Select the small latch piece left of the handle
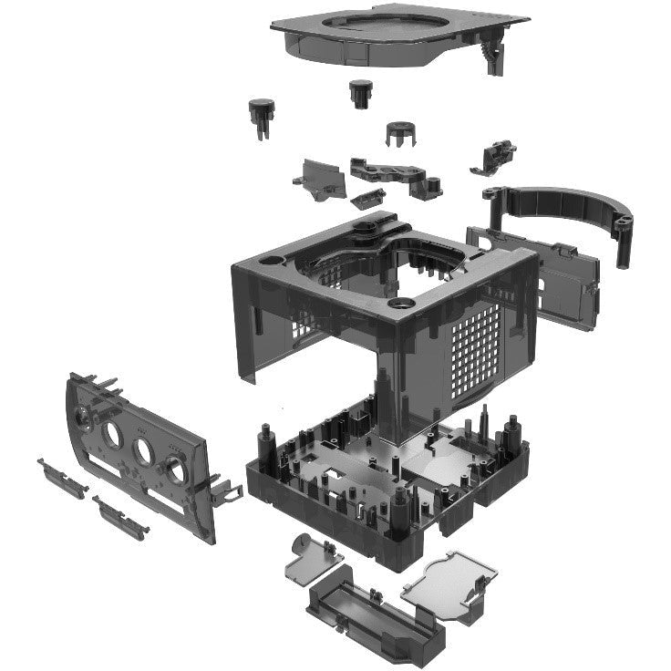[x=493, y=156]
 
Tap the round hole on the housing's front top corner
[x=399, y=302]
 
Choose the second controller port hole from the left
[x=114, y=435]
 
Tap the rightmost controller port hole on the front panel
[x=172, y=470]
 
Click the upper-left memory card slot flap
[x=61, y=477]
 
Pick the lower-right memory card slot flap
[x=119, y=517]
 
